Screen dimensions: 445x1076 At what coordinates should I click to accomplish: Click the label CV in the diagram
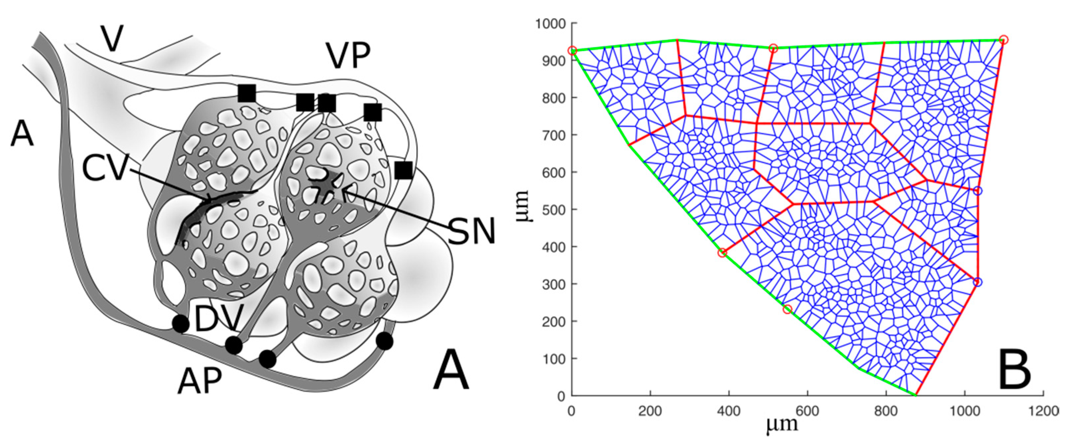click(x=104, y=168)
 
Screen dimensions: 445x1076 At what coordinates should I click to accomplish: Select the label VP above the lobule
click(x=348, y=56)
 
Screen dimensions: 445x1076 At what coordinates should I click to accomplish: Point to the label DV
click(x=218, y=318)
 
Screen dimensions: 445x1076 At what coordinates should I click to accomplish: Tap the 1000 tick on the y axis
click(x=550, y=24)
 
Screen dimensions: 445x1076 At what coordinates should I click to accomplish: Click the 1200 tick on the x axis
click(x=1044, y=411)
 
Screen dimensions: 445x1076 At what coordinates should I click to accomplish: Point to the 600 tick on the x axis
click(x=807, y=411)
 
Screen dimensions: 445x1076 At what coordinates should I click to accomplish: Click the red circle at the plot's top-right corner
click(x=1004, y=40)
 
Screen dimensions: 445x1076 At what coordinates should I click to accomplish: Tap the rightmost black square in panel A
click(x=403, y=170)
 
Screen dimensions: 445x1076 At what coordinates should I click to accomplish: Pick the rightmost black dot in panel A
click(x=384, y=341)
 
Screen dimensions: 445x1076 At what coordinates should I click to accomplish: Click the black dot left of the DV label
click(x=180, y=323)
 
